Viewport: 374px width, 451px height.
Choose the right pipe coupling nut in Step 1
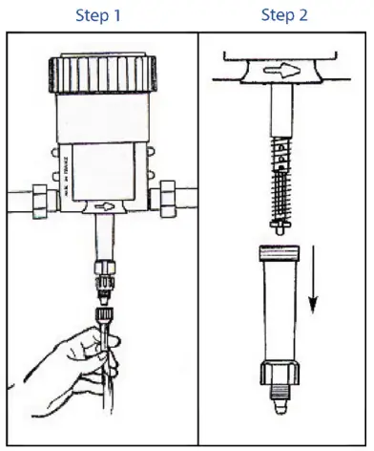click(172, 201)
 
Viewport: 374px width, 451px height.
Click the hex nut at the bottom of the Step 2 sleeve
click(280, 374)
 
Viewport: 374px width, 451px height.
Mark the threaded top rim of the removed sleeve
click(280, 252)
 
